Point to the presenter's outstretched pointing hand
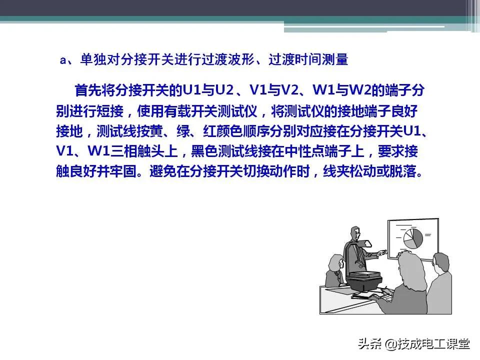pyautogui.click(x=382, y=252)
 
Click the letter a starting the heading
pyautogui.click(x=63, y=60)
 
